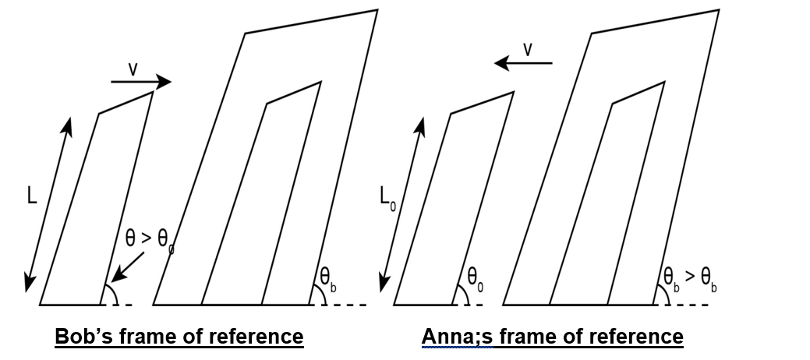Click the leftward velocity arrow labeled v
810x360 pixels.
pos(523,62)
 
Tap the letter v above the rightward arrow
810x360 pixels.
pos(133,69)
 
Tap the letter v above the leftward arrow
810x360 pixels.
pos(528,49)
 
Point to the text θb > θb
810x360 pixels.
pos(690,277)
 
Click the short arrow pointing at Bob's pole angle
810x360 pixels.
pos(127,266)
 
